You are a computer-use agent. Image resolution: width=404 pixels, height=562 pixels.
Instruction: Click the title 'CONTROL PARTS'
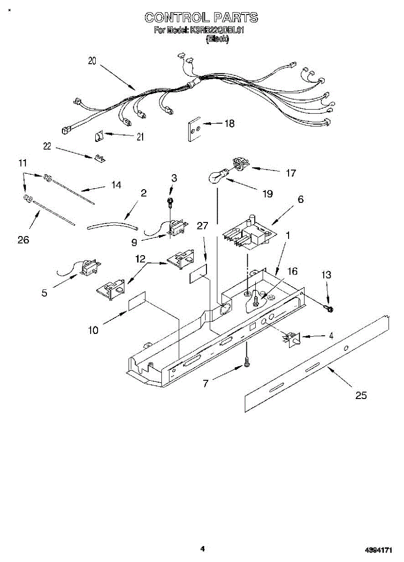(x=201, y=18)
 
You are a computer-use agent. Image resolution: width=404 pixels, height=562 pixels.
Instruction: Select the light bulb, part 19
(x=217, y=177)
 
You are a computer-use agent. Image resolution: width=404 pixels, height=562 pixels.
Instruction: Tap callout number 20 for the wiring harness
(x=92, y=61)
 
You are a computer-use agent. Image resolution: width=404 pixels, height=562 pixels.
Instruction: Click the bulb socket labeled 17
(x=241, y=165)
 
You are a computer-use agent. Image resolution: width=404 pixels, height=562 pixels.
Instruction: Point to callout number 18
(x=229, y=124)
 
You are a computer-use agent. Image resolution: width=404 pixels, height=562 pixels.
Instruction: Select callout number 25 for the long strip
(x=360, y=396)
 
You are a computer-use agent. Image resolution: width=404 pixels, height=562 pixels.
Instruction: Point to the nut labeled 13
(x=329, y=309)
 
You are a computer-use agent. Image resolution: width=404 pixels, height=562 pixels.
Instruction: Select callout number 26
(x=23, y=240)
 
